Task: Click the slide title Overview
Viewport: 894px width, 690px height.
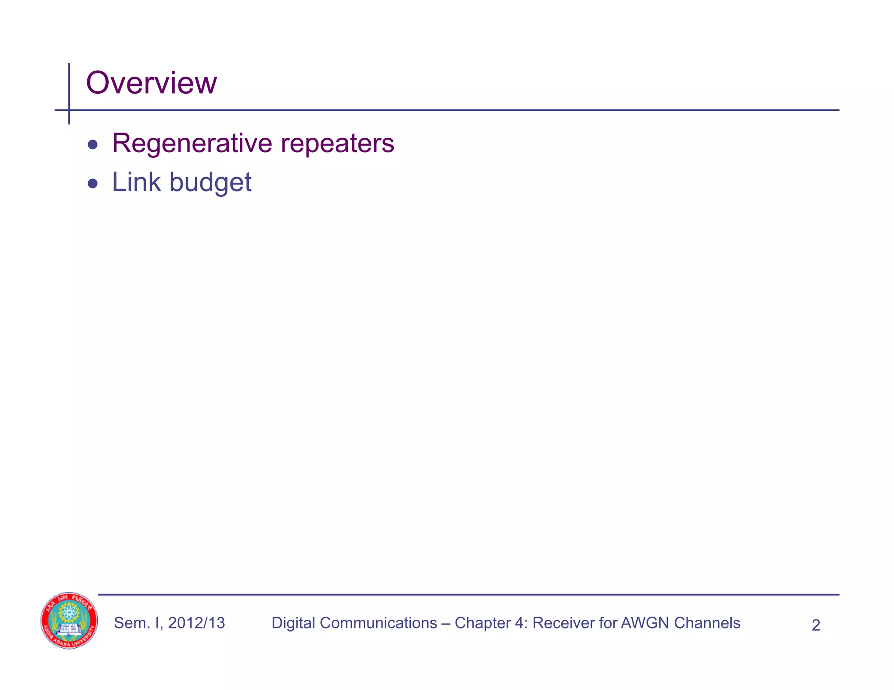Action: pos(151,83)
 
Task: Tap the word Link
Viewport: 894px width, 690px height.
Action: pos(136,182)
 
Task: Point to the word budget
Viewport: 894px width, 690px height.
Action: pos(210,183)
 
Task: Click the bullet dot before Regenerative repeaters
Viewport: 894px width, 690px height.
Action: pos(93,144)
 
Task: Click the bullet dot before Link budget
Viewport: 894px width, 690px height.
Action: pos(93,183)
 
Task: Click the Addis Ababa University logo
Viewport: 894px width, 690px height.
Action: pos(69,620)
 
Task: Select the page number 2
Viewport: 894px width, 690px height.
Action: pos(815,625)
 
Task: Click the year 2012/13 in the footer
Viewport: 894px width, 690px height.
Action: pos(196,623)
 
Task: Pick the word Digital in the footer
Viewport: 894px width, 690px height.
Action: pos(293,623)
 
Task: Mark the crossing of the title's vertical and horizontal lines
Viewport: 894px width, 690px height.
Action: pos(69,110)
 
